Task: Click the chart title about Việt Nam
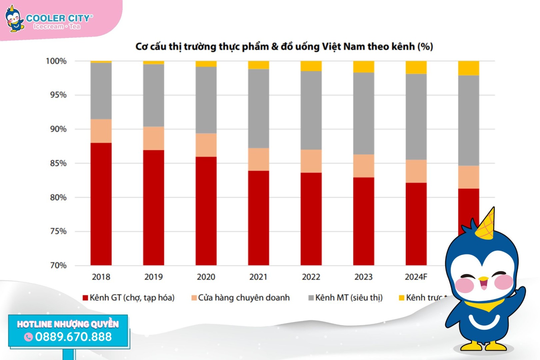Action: (x=284, y=47)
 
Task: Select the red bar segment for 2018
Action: (x=101, y=204)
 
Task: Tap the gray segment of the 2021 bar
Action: (x=258, y=108)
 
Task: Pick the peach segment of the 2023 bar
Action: (x=363, y=166)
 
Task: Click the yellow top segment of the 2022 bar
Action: (x=311, y=66)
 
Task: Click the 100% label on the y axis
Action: (x=56, y=61)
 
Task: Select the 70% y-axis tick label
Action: (x=58, y=265)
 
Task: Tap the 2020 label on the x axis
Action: (x=206, y=277)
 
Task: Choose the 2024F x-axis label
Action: (x=416, y=277)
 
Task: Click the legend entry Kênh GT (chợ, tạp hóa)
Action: (x=129, y=298)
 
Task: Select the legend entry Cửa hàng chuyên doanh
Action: (x=241, y=298)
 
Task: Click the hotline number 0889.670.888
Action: (x=73, y=337)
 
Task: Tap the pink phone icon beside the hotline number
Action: (x=28, y=337)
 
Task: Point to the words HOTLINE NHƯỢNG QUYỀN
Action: (x=68, y=324)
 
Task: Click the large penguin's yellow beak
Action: (x=483, y=279)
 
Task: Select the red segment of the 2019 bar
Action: (x=154, y=207)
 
